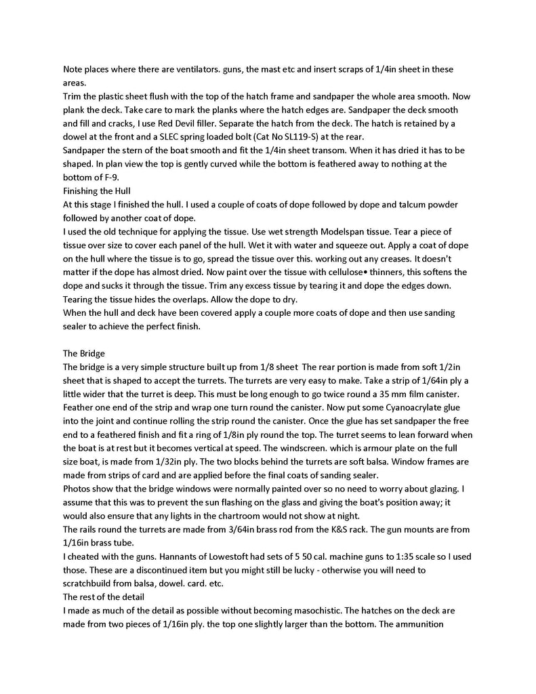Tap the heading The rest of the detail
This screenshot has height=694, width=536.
103,596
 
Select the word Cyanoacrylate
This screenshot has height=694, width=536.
371,407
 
